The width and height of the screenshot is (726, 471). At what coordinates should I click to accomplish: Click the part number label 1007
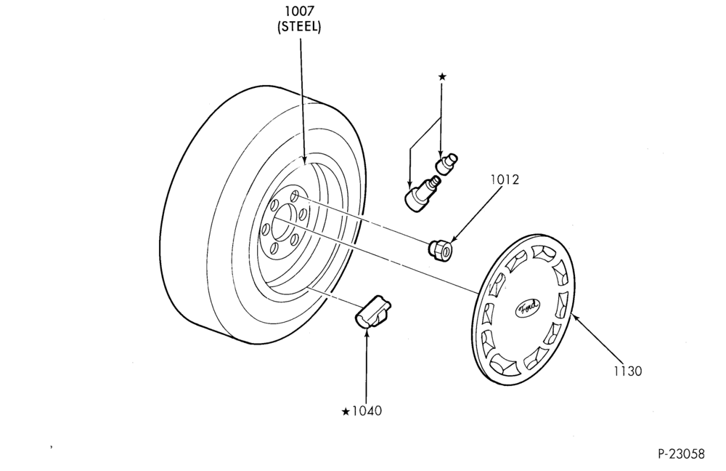tap(299, 11)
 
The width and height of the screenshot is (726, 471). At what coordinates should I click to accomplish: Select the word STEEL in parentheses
tap(299, 27)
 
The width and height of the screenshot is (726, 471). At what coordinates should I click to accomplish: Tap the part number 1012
tap(505, 180)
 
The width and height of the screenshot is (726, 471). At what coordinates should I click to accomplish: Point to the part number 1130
tap(628, 371)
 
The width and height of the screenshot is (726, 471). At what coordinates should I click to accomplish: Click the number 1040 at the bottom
tap(367, 411)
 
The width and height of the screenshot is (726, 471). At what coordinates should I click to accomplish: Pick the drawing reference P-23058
tap(681, 454)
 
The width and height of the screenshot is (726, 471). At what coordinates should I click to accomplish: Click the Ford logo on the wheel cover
tap(527, 307)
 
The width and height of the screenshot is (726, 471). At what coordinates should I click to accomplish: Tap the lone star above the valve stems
tap(442, 76)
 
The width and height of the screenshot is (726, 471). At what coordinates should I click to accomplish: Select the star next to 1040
tap(346, 411)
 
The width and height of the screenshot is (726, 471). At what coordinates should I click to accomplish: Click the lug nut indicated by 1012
tap(440, 249)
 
